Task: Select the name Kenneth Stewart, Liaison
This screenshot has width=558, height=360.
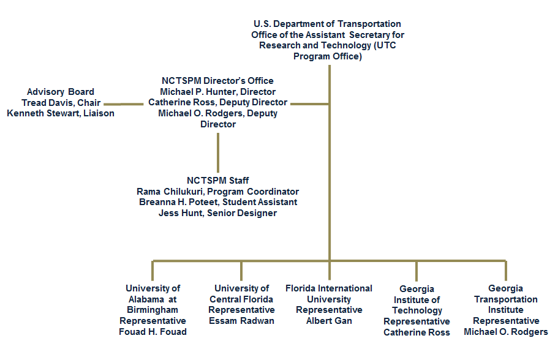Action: click(61, 113)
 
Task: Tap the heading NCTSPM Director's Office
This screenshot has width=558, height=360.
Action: click(217, 81)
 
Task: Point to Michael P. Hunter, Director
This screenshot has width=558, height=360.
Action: click(217, 92)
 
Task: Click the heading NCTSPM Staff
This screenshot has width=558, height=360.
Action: click(217, 181)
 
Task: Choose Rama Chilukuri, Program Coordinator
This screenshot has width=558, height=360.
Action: click(217, 192)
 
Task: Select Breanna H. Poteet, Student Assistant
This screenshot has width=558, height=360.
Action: click(218, 202)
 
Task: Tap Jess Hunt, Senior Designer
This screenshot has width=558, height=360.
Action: click(217, 213)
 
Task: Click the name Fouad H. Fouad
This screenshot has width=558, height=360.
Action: click(153, 332)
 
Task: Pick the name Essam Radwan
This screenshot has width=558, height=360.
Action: click(241, 321)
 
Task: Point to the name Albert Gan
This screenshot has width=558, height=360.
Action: click(329, 321)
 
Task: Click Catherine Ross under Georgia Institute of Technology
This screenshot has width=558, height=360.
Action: click(417, 332)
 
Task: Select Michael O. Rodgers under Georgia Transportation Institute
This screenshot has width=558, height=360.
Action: click(505, 332)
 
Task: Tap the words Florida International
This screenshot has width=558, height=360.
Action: click(328, 288)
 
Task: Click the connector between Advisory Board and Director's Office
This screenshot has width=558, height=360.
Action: click(124, 104)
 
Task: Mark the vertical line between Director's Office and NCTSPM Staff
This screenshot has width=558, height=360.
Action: click(218, 153)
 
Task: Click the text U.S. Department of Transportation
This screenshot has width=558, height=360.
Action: click(327, 24)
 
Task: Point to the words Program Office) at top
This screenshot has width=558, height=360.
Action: click(328, 56)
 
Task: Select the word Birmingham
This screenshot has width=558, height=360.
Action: click(153, 310)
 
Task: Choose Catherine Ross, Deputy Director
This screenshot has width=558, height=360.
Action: click(217, 102)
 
